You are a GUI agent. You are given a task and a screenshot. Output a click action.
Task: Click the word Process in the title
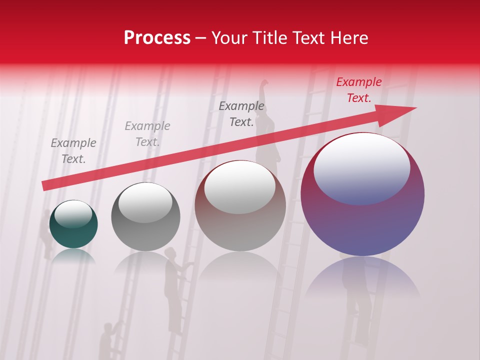[x=157, y=38]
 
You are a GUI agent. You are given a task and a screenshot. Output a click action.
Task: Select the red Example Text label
[x=358, y=90]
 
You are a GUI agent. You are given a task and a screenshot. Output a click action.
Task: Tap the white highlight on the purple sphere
[x=361, y=168]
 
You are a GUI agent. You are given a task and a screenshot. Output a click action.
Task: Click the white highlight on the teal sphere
[x=73, y=214]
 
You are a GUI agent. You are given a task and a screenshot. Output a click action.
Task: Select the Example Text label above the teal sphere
[x=73, y=151]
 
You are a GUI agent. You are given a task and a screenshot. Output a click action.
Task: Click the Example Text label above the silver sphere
[x=147, y=134]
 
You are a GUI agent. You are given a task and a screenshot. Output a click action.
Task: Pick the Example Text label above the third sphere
[x=241, y=114]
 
